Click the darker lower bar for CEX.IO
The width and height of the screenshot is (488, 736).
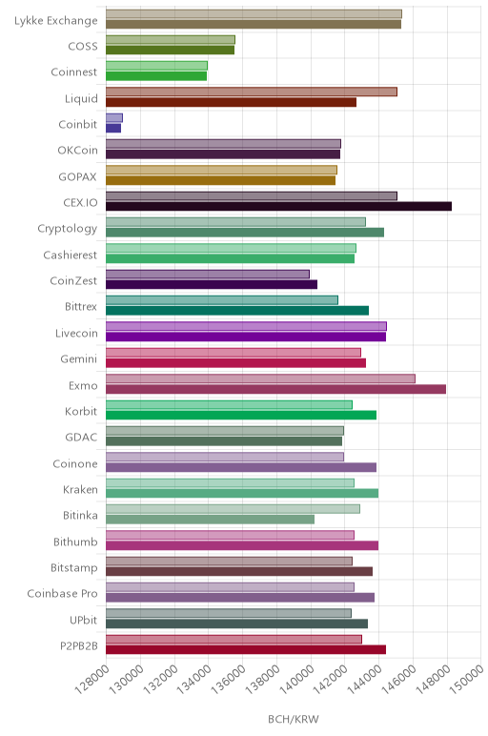click(x=278, y=206)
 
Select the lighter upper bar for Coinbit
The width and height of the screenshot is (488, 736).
click(x=114, y=118)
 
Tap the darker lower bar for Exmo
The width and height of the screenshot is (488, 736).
click(x=275, y=389)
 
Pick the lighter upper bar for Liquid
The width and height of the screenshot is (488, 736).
click(x=252, y=92)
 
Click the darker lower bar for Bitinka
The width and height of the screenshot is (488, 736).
click(x=211, y=520)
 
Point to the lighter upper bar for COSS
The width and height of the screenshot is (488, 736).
click(x=171, y=40)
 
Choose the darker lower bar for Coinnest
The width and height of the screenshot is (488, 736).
click(x=156, y=76)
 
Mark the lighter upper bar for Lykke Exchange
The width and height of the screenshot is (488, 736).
click(x=254, y=14)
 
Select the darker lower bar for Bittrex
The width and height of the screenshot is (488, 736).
click(x=237, y=310)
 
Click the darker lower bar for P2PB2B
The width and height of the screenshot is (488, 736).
click(x=246, y=649)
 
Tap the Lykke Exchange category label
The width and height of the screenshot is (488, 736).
click(x=56, y=21)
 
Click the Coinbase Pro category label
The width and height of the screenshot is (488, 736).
click(x=62, y=593)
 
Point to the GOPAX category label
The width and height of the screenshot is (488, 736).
click(x=77, y=177)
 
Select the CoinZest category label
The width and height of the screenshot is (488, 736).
click(x=73, y=280)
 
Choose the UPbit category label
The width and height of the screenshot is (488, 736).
click(x=84, y=620)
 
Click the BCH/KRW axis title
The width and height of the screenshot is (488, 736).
click(x=294, y=719)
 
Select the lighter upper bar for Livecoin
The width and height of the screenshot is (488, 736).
click(x=246, y=326)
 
